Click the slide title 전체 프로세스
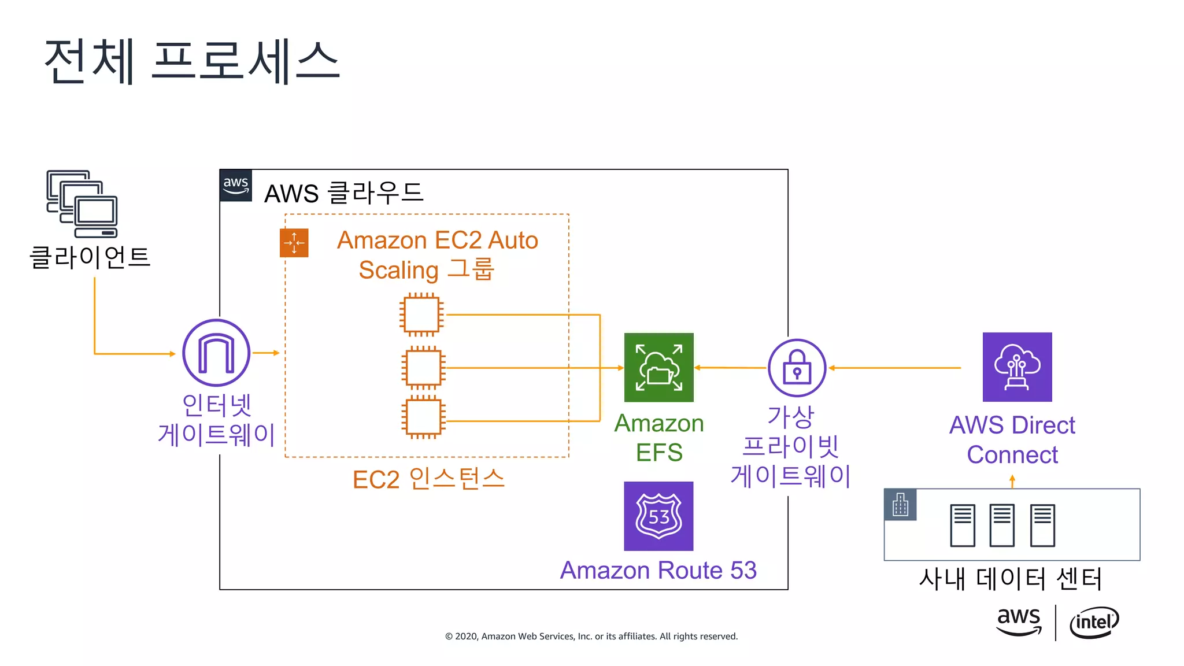click(x=192, y=61)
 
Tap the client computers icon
click(x=82, y=203)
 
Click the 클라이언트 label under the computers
click(x=90, y=257)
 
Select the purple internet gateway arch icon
click(x=216, y=353)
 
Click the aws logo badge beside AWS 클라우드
click(x=236, y=185)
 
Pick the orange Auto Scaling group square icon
click(x=294, y=243)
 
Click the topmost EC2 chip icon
click(x=421, y=315)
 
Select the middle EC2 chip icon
click(x=423, y=368)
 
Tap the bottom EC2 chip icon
click(x=423, y=417)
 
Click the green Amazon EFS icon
click(x=658, y=367)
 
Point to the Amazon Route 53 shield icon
click(x=658, y=516)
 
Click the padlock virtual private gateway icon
click(x=797, y=368)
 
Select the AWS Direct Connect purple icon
click(x=1017, y=367)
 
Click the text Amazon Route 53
click(x=658, y=571)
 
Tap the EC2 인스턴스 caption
click(x=428, y=479)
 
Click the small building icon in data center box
click(x=900, y=505)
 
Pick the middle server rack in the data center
click(x=1002, y=525)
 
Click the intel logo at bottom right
click(x=1094, y=622)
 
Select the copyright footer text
click(x=591, y=637)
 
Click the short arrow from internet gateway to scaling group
click(x=266, y=353)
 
